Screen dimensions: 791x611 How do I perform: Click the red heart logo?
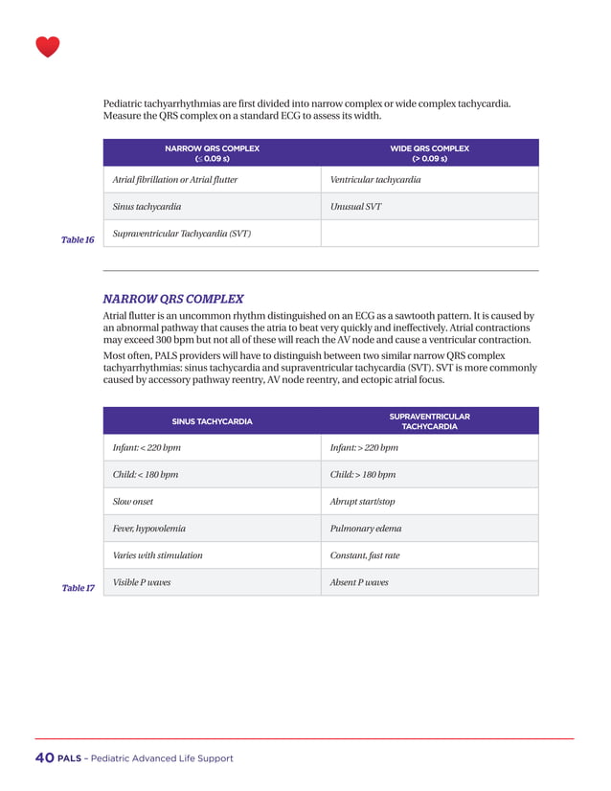click(x=47, y=47)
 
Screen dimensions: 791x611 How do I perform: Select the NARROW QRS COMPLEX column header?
click(x=212, y=153)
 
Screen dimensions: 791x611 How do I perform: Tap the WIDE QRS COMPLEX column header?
click(x=429, y=153)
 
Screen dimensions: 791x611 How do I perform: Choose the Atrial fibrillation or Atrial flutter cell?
click(x=175, y=180)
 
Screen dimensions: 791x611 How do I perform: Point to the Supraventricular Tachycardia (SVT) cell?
click(x=182, y=233)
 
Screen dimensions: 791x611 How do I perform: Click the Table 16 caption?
click(x=78, y=239)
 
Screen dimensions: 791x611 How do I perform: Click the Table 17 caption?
click(x=78, y=587)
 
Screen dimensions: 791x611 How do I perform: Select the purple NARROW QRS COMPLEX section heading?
click(x=173, y=299)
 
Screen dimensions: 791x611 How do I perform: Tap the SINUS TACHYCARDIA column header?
click(x=212, y=421)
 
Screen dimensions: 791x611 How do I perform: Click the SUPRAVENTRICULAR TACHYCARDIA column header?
click(x=429, y=421)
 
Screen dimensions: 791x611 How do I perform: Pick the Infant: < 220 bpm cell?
click(x=147, y=448)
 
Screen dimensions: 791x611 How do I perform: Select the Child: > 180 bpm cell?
click(x=362, y=475)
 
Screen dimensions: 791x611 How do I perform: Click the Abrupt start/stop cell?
click(x=362, y=502)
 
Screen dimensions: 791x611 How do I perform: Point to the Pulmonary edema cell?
click(x=365, y=528)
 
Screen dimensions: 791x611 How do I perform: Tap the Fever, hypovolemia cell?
click(x=149, y=528)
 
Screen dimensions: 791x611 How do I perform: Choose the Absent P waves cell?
click(x=359, y=581)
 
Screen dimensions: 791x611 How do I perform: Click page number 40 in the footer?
click(x=44, y=758)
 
